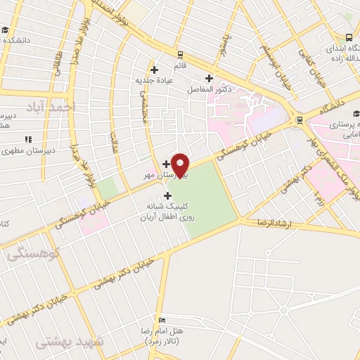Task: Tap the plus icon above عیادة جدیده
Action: [x=154, y=69]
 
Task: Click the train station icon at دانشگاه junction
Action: [x=300, y=120]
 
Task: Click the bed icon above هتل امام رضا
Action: [x=162, y=319]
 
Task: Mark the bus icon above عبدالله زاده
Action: [x=349, y=37]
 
